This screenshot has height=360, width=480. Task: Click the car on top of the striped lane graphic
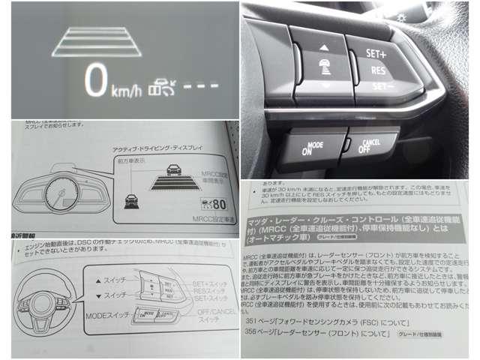(x=172, y=169)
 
